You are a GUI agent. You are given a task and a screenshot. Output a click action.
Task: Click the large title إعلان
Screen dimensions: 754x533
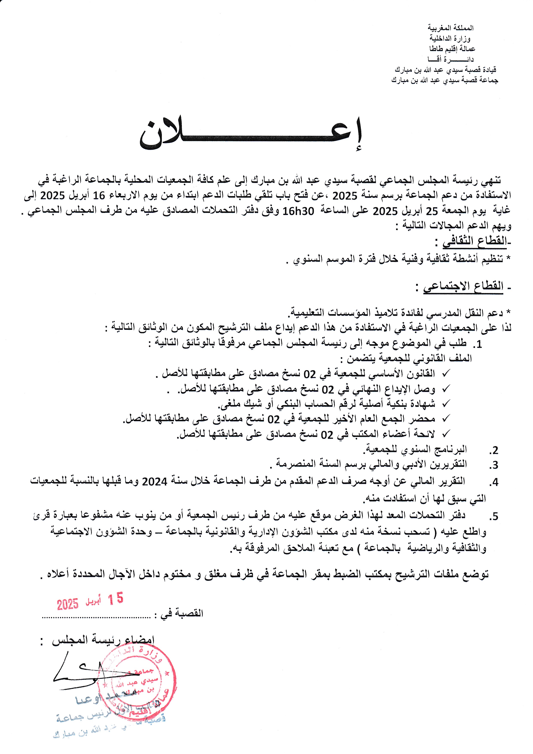click(251, 134)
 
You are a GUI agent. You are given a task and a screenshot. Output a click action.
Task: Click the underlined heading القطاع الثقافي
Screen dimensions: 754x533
click(474, 241)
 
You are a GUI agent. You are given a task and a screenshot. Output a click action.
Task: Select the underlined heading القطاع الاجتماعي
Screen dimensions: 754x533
click(463, 287)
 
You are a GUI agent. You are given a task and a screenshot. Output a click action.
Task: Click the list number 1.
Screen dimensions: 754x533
click(479, 344)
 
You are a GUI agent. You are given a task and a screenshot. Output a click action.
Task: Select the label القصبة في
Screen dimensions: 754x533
click(181, 613)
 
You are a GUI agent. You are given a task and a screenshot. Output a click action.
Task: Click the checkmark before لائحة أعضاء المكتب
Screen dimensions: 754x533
click(446, 434)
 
